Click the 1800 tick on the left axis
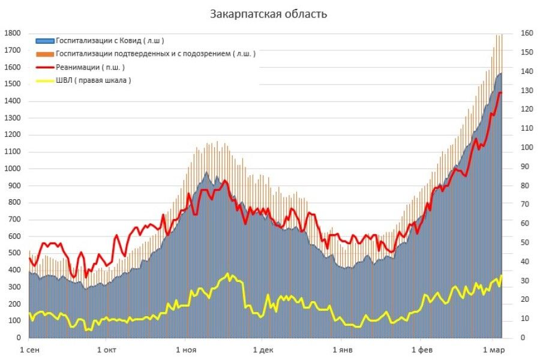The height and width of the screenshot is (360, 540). coord(13,34)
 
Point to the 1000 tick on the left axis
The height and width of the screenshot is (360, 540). coord(13,169)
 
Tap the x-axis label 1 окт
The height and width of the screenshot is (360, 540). coord(106,350)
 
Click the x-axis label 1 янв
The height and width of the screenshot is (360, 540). coord(341,350)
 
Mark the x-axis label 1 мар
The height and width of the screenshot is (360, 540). coord(494,350)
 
